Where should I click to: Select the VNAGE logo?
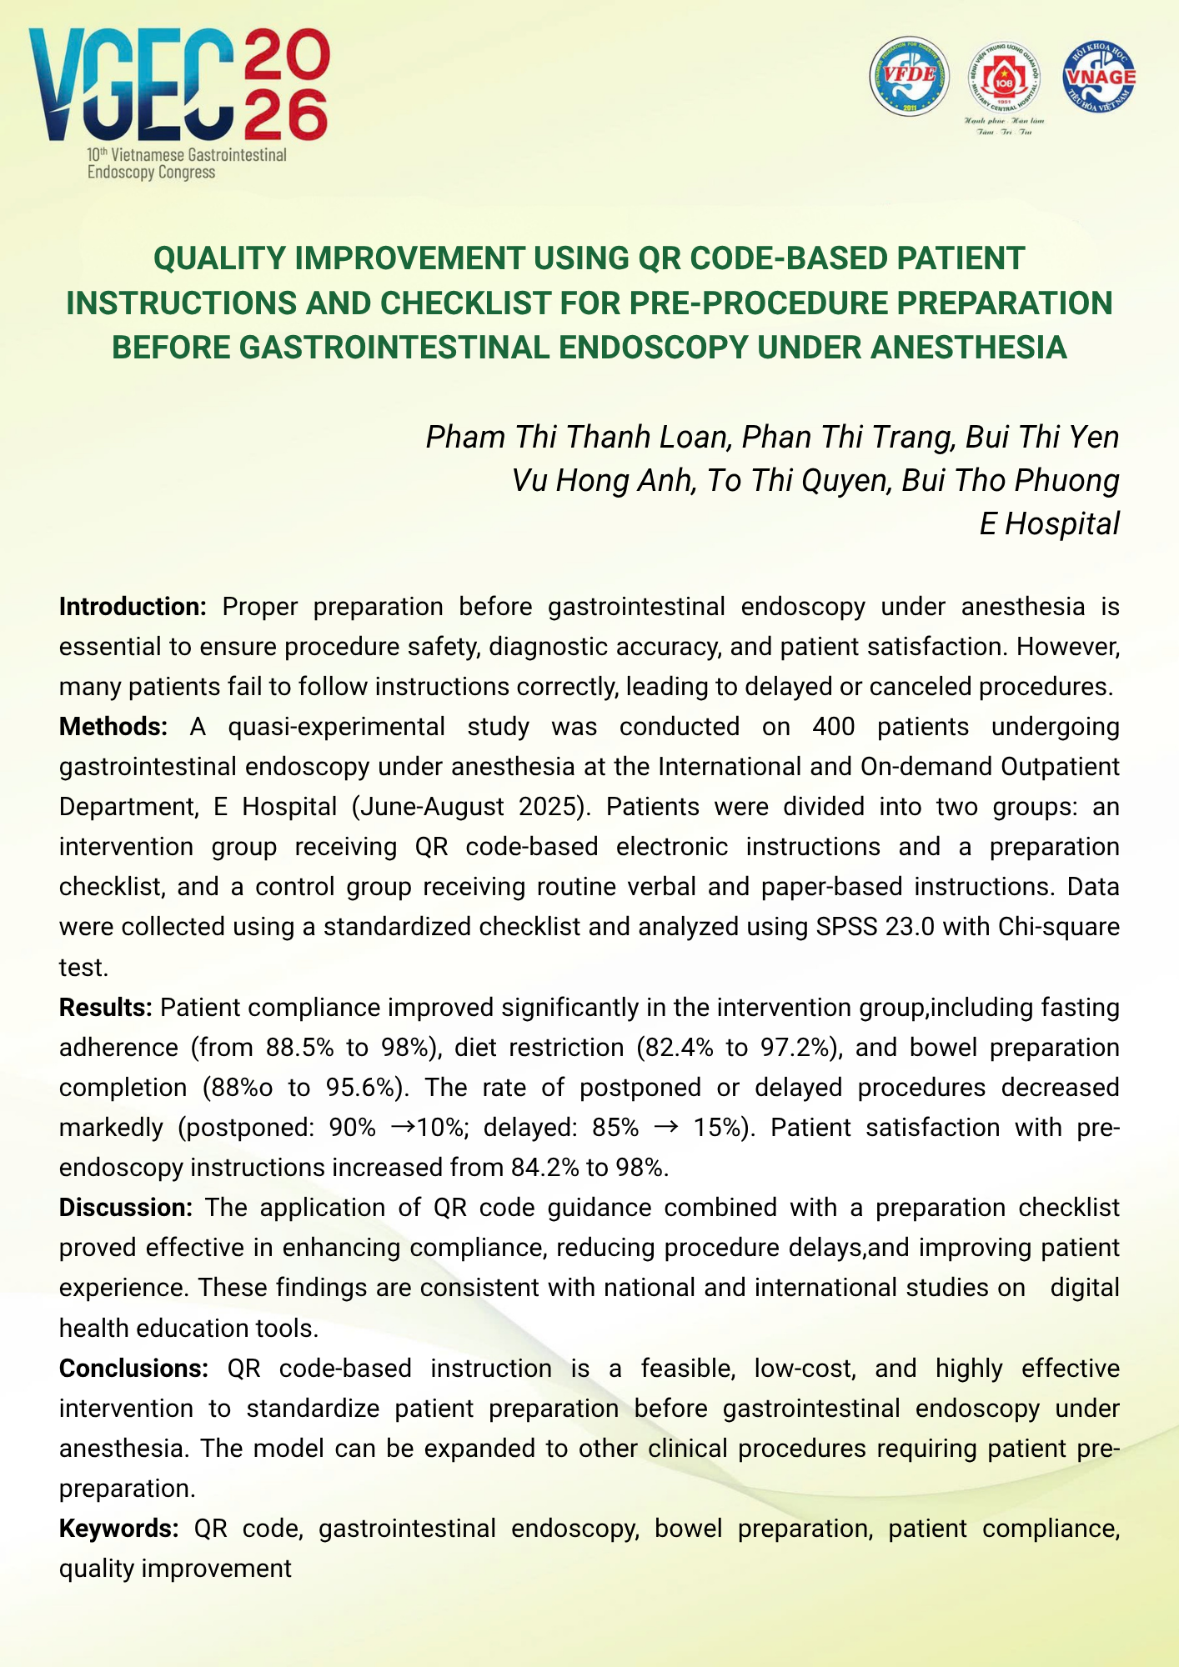click(1099, 77)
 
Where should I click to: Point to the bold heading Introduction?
click(133, 607)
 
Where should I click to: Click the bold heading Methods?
click(113, 727)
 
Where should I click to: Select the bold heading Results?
click(105, 1008)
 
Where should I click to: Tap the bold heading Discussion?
click(126, 1208)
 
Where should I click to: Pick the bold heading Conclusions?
click(133, 1369)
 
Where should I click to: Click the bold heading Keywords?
click(118, 1529)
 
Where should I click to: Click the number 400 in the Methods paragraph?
click(833, 727)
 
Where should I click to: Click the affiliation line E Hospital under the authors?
click(1049, 524)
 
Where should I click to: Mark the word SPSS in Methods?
click(838, 927)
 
